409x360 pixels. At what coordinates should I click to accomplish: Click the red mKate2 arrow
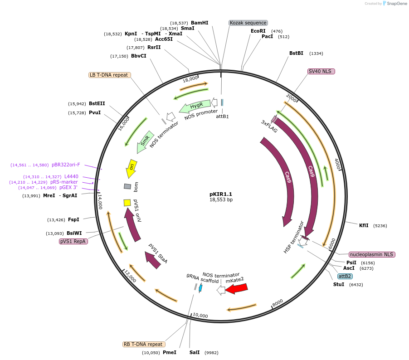[237, 288]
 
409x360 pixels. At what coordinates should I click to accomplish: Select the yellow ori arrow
[131, 170]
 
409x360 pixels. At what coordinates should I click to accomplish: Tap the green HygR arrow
[195, 107]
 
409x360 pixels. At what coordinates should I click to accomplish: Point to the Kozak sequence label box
[248, 23]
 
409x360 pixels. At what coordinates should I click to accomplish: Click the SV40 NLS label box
[321, 71]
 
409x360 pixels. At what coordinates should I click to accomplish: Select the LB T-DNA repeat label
[109, 75]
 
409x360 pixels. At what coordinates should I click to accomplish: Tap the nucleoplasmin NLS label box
[372, 254]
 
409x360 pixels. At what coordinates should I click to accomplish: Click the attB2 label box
[345, 276]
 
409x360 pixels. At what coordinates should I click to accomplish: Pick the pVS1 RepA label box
[73, 241]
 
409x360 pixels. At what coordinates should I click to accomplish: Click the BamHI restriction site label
[200, 23]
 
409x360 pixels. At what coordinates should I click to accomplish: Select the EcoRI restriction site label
[258, 31]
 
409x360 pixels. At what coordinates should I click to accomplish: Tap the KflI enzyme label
[364, 225]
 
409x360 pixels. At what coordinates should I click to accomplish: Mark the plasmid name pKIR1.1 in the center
[221, 194]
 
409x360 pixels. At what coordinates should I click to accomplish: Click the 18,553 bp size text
[221, 199]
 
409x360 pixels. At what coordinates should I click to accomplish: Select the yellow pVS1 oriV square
[127, 203]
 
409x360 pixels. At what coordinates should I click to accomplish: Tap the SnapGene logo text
[396, 4]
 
